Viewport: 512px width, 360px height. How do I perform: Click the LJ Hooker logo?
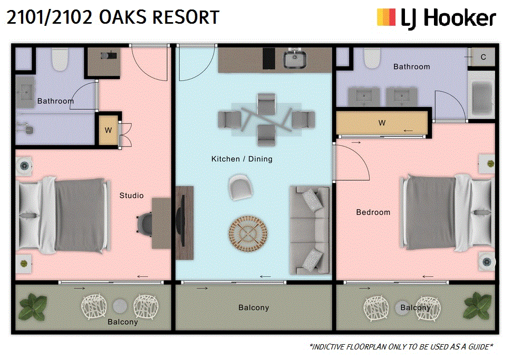pos(436,18)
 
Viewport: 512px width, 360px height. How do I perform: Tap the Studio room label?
pos(131,196)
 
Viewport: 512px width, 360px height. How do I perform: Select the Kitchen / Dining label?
pos(241,159)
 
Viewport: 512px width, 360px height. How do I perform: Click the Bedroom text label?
pos(373,212)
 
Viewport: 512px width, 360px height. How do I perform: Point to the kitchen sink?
pos(295,59)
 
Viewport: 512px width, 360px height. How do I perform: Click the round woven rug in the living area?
pos(248,233)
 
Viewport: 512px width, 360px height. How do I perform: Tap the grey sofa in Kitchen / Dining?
pos(310,230)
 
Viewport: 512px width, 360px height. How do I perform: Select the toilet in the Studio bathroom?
pos(60,59)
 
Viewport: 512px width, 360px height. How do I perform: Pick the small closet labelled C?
pos(481,57)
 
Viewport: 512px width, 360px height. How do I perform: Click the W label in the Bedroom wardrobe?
pos(382,123)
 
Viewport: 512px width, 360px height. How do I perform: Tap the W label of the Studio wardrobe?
pos(108,130)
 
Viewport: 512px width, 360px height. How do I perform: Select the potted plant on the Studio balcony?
pos(33,307)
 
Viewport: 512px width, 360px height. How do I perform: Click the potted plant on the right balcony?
pos(477,306)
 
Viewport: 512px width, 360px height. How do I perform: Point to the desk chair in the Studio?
pos(144,223)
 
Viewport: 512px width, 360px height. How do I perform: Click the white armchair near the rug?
pos(240,187)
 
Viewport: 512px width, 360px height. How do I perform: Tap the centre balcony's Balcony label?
pos(254,307)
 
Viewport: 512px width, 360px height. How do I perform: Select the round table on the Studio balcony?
pos(120,306)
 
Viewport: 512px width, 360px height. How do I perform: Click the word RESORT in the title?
pos(186,17)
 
